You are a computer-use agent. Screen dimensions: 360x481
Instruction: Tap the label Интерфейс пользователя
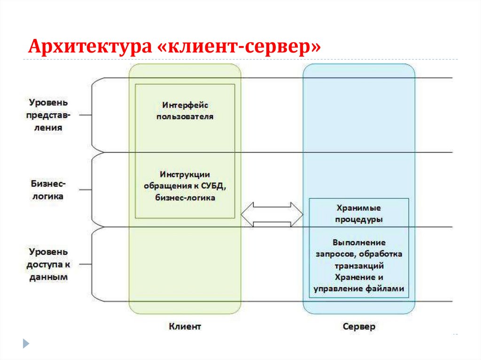[185, 110]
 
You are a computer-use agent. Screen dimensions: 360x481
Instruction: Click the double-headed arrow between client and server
[272, 215]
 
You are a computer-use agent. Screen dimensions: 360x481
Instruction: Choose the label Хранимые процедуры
[359, 213]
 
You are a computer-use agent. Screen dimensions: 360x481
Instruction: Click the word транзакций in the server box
[359, 265]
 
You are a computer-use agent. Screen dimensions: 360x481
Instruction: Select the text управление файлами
[359, 289]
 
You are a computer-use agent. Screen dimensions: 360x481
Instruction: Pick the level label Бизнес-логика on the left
[48, 190]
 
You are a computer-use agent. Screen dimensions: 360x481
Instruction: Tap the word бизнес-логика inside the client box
[185, 198]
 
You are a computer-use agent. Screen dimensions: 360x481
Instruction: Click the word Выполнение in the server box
[359, 242]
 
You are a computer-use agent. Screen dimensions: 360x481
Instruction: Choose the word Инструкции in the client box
[185, 174]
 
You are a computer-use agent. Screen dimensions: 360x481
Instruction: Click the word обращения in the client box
[164, 186]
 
